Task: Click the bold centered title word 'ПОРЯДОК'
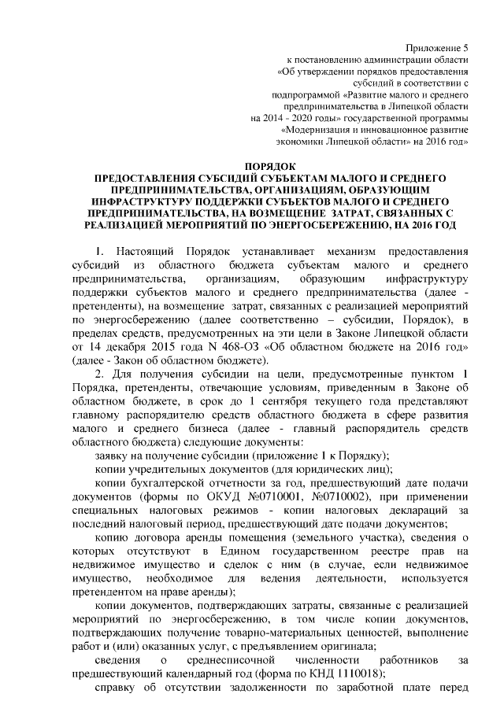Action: click(270, 168)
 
